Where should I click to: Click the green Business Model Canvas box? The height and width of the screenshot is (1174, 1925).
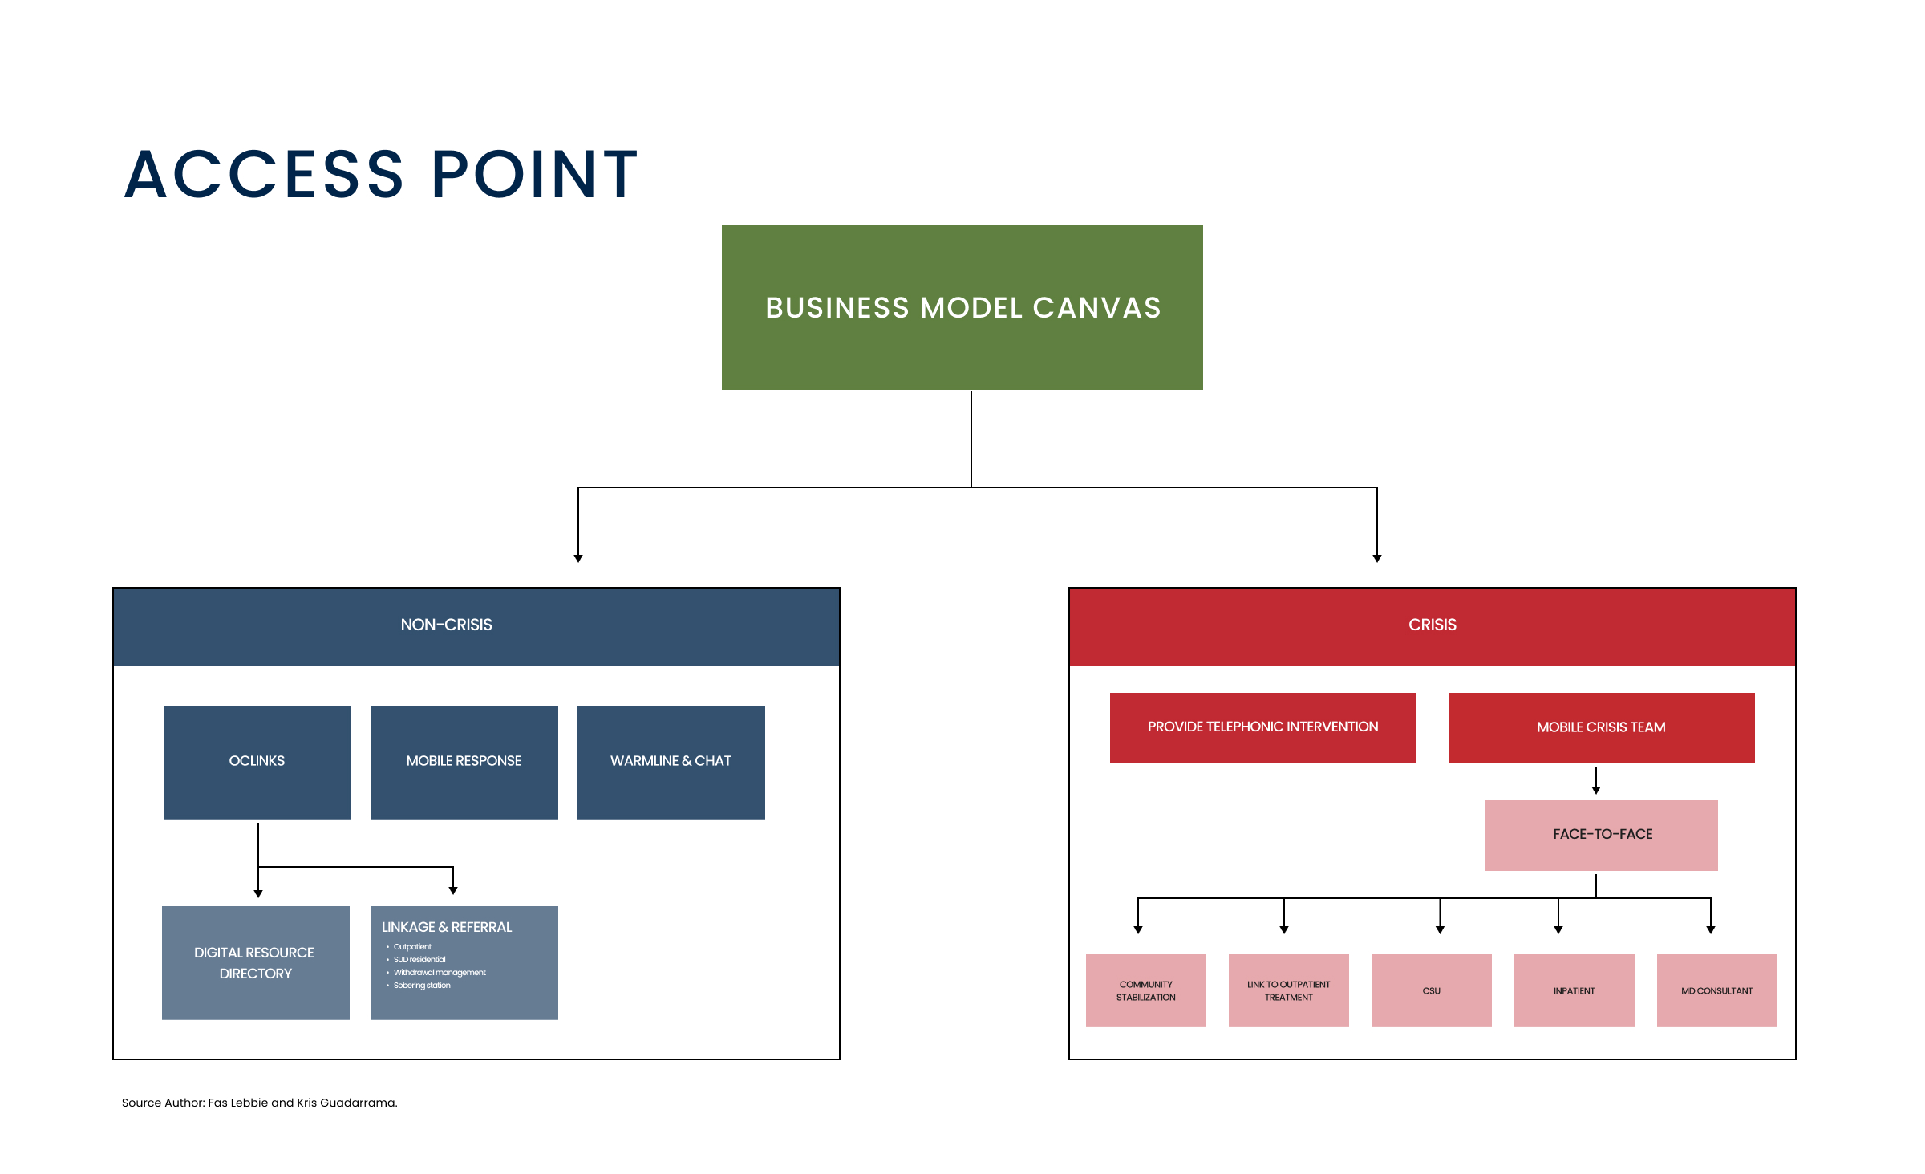[x=962, y=307]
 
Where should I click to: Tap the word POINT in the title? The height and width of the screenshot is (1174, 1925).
[x=534, y=174]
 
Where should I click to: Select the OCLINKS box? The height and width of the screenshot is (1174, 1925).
[x=257, y=762]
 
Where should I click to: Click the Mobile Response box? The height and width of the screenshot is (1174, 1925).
[x=464, y=762]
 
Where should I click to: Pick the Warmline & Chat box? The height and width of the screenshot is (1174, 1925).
[x=671, y=762]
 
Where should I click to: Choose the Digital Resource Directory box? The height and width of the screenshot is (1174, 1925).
[x=256, y=962]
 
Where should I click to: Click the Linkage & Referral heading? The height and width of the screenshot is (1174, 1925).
[x=447, y=927]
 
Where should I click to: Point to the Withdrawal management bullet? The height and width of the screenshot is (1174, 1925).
[x=440, y=973]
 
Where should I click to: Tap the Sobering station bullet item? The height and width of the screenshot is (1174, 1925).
[x=422, y=986]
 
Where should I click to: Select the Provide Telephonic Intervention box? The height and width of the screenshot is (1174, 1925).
[x=1263, y=727]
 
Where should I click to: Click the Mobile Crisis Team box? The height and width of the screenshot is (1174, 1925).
[x=1602, y=727]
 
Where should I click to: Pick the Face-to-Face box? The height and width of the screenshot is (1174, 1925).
[x=1602, y=835]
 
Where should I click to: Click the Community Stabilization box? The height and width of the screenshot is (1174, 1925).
[x=1146, y=990]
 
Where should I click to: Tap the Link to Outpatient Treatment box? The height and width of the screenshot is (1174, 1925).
[x=1289, y=990]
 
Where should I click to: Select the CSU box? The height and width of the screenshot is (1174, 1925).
[x=1432, y=990]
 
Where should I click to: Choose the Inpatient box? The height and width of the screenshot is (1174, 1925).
[x=1574, y=990]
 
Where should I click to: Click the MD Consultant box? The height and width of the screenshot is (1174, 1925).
[x=1717, y=990]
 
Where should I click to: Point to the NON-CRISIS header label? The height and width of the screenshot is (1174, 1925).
[x=447, y=625]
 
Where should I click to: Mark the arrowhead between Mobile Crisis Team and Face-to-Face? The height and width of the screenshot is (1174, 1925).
[x=1596, y=791]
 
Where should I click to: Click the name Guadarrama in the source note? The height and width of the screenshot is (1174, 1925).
[x=359, y=1103]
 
